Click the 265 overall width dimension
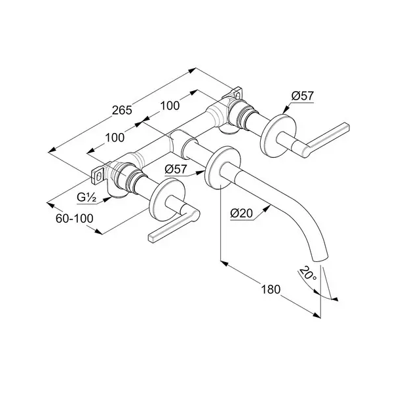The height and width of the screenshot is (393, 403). tap(122, 110)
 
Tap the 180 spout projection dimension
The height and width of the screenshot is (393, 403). tap(271, 290)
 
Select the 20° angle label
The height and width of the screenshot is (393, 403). tap(308, 274)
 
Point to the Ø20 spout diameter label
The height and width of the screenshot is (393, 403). tap(242, 213)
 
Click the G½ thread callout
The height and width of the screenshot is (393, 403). tap(86, 198)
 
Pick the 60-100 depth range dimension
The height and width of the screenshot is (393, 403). tap(75, 219)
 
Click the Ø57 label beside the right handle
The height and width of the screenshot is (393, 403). tap(303, 96)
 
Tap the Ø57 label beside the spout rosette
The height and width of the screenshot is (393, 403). tap(176, 169)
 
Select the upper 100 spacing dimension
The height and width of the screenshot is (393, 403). tap(170, 106)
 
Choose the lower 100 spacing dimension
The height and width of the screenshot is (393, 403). tap(115, 138)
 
